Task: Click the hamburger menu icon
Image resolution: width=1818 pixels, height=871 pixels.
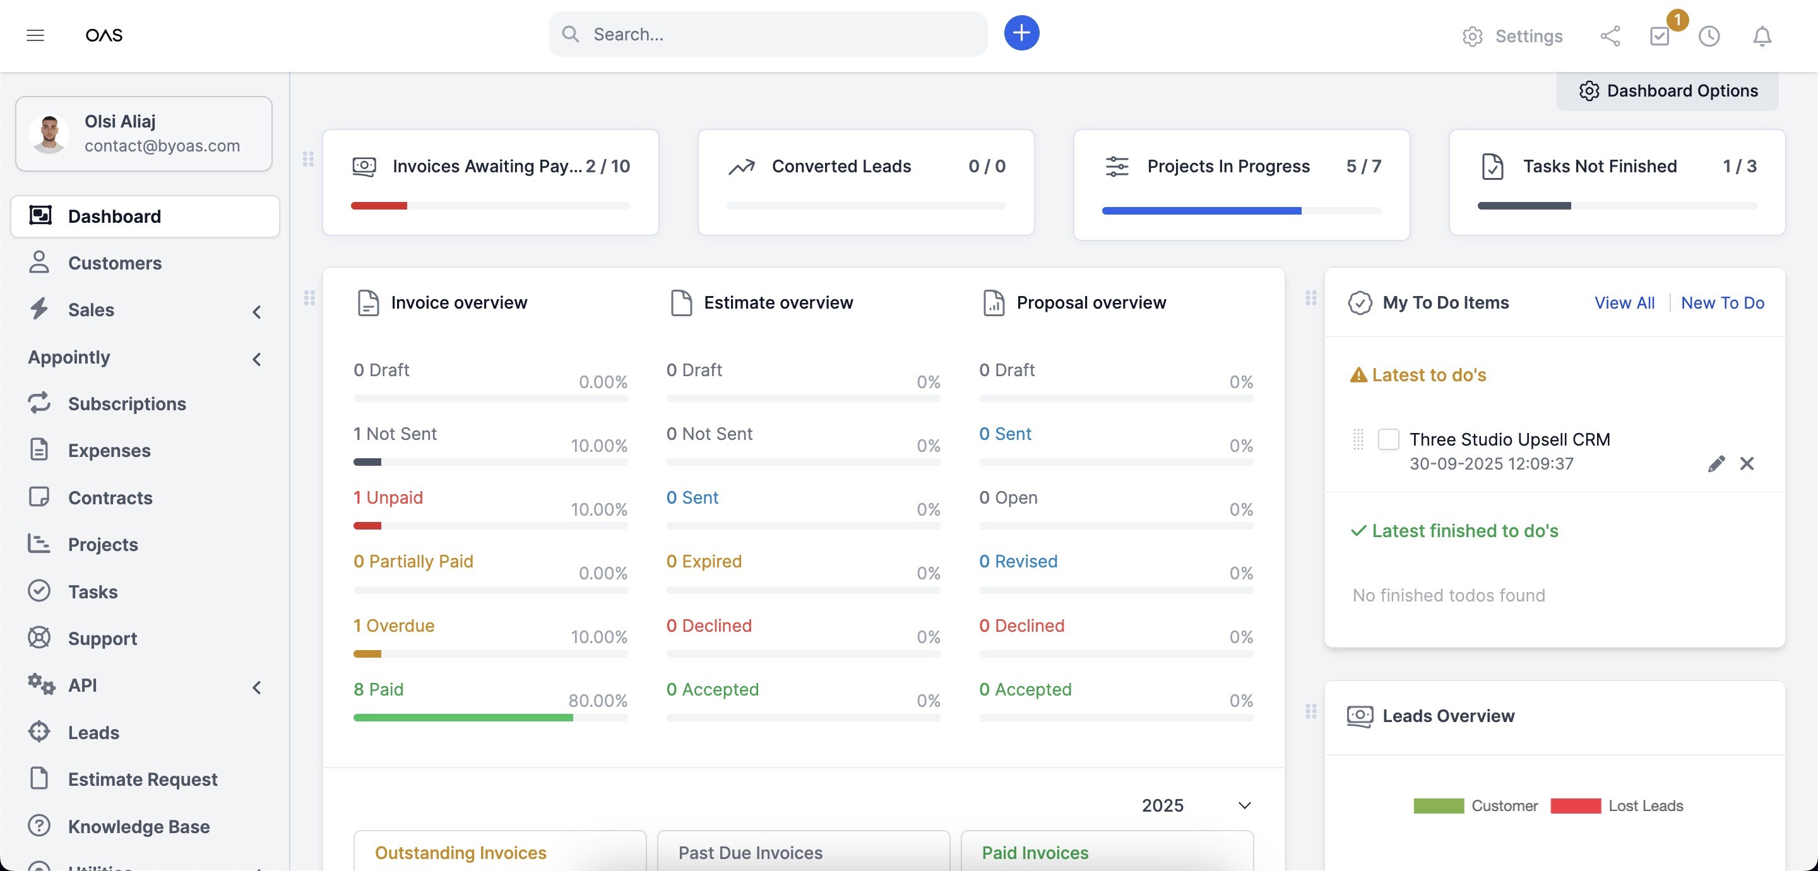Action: (35, 35)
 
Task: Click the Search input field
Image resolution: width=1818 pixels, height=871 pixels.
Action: (768, 34)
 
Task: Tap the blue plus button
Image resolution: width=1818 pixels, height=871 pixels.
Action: (1021, 33)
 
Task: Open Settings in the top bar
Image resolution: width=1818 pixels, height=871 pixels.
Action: (1512, 36)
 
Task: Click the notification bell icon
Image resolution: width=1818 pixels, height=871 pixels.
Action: (1762, 36)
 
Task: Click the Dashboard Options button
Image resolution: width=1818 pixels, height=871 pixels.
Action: (1668, 91)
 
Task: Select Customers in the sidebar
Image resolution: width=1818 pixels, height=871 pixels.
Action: (114, 263)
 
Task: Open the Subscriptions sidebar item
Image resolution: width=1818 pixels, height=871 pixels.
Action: (127, 404)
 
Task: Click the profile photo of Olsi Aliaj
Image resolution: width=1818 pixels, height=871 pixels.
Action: (49, 134)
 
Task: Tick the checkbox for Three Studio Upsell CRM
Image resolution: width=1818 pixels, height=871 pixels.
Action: (1388, 439)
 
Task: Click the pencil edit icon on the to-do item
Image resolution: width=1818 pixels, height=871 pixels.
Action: (1716, 464)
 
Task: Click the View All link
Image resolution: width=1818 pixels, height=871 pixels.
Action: (1624, 303)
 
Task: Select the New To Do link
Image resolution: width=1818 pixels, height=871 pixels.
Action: (1722, 303)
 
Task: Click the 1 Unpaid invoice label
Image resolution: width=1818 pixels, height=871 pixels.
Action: (388, 497)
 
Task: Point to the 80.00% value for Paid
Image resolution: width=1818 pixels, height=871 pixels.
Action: (598, 701)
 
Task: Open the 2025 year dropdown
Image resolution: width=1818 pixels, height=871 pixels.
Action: (1196, 805)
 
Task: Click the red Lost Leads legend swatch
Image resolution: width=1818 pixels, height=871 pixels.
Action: (1575, 806)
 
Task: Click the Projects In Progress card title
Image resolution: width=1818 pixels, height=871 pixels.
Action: (1228, 166)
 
